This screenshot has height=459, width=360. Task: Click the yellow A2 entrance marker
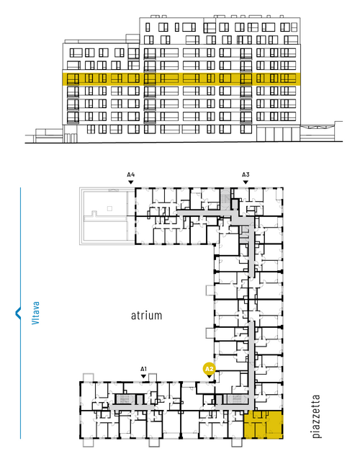tap(209, 369)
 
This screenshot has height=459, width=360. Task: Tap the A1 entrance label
tap(143, 369)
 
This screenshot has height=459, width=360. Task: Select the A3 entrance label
tap(246, 175)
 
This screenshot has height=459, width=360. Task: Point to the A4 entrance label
tap(131, 175)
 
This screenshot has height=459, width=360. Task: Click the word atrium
tap(146, 316)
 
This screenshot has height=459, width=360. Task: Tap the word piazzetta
tap(316, 416)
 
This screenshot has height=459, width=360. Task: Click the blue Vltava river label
tap(35, 313)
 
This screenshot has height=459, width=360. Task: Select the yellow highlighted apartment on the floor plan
tap(264, 424)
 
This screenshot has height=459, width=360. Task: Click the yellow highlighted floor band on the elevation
tap(181, 79)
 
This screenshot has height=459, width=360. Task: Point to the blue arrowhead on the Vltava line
tap(18, 313)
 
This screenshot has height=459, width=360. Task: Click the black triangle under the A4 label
tap(131, 182)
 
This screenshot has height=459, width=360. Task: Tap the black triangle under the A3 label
tap(246, 182)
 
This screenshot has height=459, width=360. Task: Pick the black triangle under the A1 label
tap(143, 376)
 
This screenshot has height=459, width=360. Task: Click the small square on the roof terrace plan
tap(109, 208)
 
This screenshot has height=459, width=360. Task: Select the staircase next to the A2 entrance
tap(235, 399)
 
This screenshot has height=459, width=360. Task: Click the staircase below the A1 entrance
tap(125, 399)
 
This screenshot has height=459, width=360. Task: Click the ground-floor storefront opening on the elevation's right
tap(278, 134)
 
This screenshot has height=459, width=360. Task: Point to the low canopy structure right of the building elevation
tap(321, 132)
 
